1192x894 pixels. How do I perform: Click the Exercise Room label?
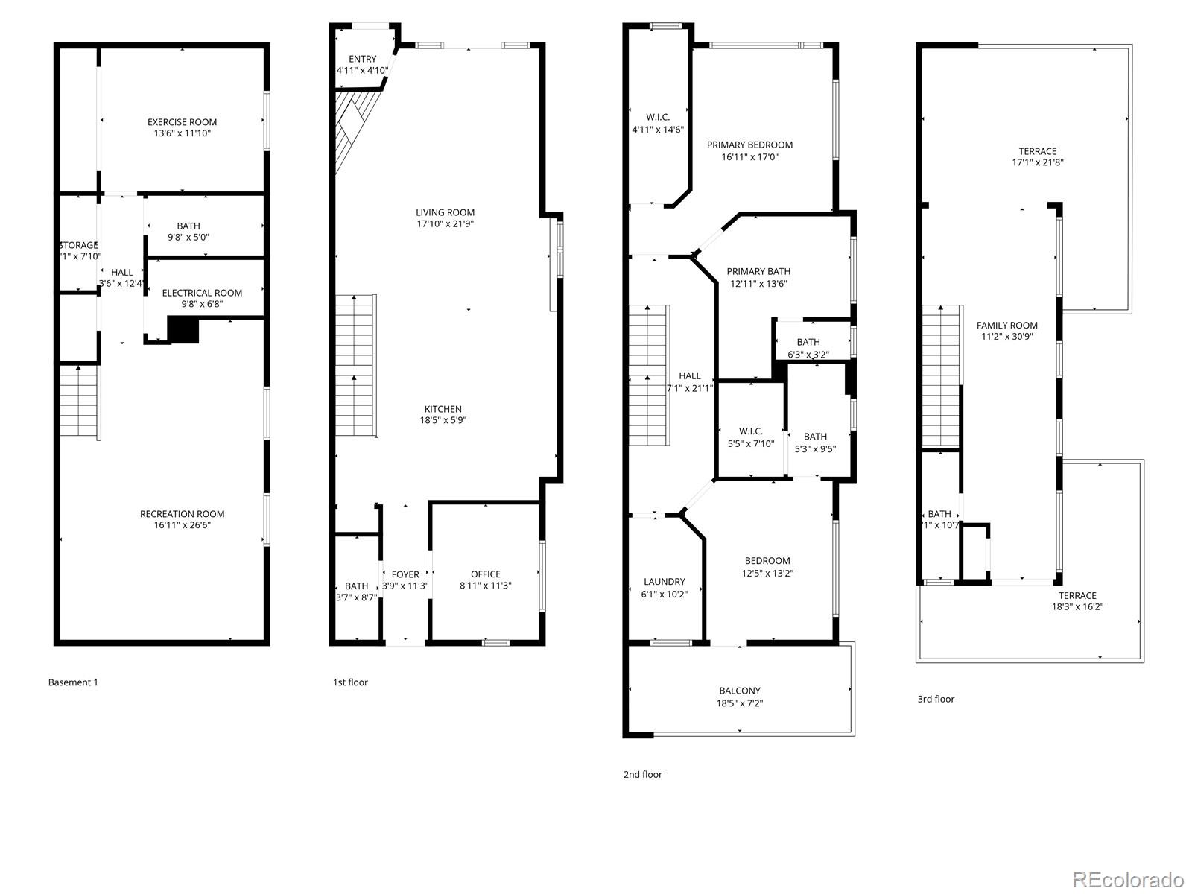pyautogui.click(x=182, y=122)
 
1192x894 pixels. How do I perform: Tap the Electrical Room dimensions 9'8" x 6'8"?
pyautogui.click(x=192, y=304)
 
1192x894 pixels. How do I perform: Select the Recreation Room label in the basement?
pyautogui.click(x=182, y=514)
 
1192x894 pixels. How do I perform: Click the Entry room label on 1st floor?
pyautogui.click(x=362, y=60)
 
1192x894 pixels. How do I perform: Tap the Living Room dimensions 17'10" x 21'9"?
pyautogui.click(x=445, y=223)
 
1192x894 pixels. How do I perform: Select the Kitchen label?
pyautogui.click(x=443, y=409)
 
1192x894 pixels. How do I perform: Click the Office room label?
pyautogui.click(x=486, y=574)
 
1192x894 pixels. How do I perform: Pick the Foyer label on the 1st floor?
pyautogui.click(x=405, y=574)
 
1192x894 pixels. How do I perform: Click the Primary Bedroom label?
pyautogui.click(x=749, y=145)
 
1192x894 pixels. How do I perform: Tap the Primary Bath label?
pyautogui.click(x=758, y=272)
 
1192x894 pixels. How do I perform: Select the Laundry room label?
pyautogui.click(x=664, y=582)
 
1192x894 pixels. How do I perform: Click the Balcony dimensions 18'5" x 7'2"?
pyautogui.click(x=740, y=703)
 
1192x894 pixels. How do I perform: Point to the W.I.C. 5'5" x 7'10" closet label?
pyautogui.click(x=750, y=437)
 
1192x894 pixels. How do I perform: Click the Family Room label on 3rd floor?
pyautogui.click(x=1006, y=326)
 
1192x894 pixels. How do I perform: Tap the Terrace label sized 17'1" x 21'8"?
pyautogui.click(x=1037, y=151)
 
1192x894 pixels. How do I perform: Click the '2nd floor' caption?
pyautogui.click(x=642, y=775)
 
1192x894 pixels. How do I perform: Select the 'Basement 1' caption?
pyautogui.click(x=73, y=682)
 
